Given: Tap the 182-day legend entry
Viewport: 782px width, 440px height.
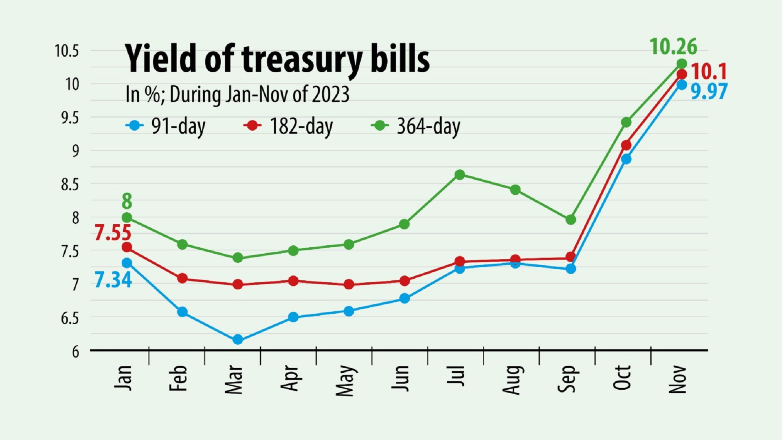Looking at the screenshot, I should click(x=288, y=126).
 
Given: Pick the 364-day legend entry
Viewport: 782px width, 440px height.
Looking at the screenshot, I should click(x=416, y=126).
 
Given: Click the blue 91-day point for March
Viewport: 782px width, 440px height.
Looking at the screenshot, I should click(x=238, y=339).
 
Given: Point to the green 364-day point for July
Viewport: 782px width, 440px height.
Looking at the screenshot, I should click(x=460, y=175).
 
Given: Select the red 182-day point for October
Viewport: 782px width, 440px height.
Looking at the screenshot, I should click(x=626, y=145).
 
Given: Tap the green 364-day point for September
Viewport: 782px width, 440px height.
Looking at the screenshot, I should click(x=571, y=220).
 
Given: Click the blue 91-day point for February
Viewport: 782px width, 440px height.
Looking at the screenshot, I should click(x=182, y=312).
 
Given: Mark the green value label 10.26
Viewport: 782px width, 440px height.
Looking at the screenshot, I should click(x=673, y=47).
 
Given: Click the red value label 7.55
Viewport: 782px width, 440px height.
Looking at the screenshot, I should click(x=113, y=233).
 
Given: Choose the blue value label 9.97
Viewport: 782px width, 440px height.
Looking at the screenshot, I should click(x=709, y=92).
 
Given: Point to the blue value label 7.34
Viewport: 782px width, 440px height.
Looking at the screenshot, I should click(x=113, y=280).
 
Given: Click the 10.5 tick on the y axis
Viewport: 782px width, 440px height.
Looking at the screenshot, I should click(x=67, y=51).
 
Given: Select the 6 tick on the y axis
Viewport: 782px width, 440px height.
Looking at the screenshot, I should click(x=75, y=352).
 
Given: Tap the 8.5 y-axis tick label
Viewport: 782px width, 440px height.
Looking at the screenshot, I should click(x=70, y=185).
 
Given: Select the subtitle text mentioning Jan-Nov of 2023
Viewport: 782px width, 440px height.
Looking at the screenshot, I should click(x=237, y=95).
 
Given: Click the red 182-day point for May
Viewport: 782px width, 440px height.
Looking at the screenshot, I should click(x=349, y=284).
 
